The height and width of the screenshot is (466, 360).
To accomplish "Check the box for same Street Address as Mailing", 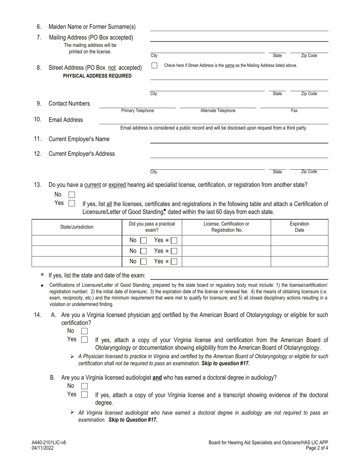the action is point(154,66).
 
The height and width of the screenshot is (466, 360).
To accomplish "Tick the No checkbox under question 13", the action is point(72,195).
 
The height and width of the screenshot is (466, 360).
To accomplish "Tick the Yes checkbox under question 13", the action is point(72,203).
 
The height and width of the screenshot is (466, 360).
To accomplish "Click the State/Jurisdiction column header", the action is point(77,227).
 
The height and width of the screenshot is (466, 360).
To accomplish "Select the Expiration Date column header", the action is point(299,227).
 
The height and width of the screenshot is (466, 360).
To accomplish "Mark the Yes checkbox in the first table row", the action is point(174,240).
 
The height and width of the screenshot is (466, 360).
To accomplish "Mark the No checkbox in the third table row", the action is point(143,262).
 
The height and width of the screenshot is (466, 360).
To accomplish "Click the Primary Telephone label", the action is point(138,111).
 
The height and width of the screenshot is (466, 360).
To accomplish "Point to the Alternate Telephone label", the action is point(218,111).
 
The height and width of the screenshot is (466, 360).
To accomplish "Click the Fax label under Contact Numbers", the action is point(294,111).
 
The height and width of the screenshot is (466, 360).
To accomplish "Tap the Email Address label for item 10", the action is point(66,120).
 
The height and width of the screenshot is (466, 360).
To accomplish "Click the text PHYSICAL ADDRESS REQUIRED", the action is point(97,76).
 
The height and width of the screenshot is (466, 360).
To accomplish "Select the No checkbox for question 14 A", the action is point(85,331).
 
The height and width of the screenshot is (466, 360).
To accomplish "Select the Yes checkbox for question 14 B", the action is point(85,394).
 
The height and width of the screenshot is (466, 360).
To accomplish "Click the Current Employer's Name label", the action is point(79,139).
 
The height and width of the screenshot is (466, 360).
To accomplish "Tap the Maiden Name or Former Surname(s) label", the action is point(92,27).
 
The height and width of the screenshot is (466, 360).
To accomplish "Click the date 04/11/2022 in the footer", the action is point(43,448).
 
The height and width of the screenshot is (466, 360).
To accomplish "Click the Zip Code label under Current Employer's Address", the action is point(309,172).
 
